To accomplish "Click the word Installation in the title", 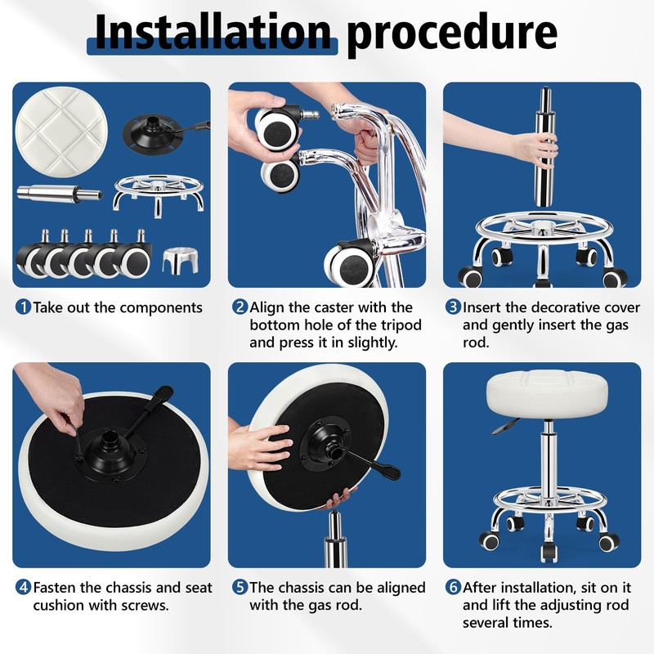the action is (213, 32).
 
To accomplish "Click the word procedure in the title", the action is (452, 35).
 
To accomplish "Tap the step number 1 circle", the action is (24, 307).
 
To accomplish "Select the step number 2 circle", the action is (240, 307).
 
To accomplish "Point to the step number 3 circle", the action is (453, 307).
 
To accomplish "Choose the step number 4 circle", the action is (24, 587).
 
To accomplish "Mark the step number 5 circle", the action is (240, 587).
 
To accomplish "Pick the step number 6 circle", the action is (453, 587).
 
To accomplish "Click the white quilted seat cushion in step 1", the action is (61, 132).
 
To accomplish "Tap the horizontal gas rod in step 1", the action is (60, 194).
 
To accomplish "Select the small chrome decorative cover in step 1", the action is (180, 261).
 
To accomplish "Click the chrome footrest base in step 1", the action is (158, 195).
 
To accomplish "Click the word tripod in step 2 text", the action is (401, 325).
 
